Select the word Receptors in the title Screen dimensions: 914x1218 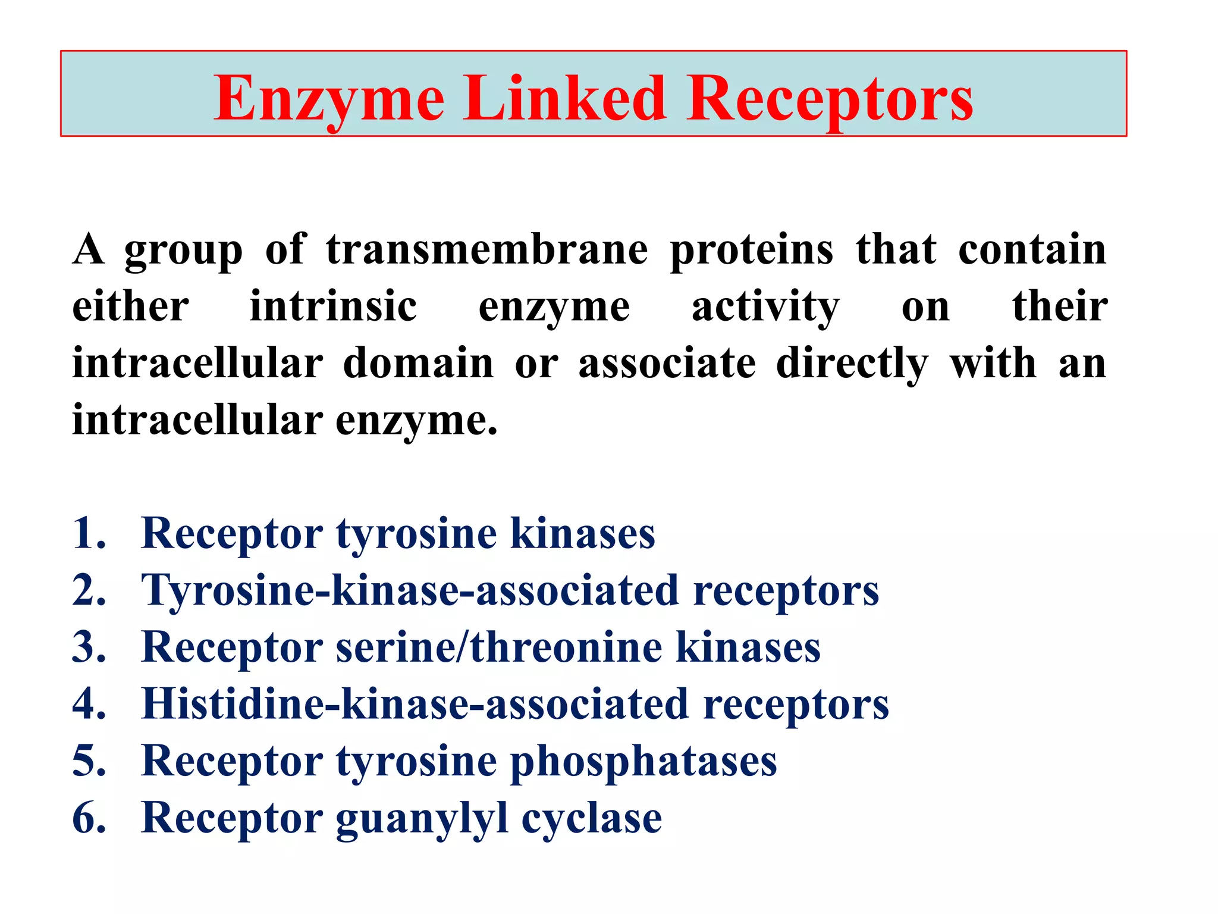tap(830, 99)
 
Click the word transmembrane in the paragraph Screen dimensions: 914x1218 tap(487, 249)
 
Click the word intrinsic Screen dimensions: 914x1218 tap(333, 306)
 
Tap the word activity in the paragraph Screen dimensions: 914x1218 tap(765, 308)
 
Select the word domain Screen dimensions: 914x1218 tap(419, 363)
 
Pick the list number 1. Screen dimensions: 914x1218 tap(88, 533)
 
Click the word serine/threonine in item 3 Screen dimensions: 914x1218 tap(499, 647)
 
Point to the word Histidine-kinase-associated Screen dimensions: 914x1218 tap(415, 704)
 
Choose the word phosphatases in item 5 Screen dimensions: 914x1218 tap(643, 762)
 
